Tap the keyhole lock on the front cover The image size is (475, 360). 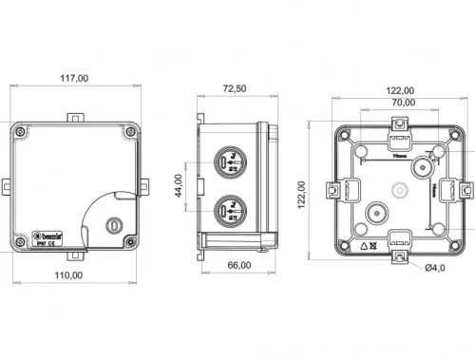point(114,226)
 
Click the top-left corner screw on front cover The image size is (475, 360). point(21,128)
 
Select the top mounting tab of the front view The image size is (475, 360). point(74,115)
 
